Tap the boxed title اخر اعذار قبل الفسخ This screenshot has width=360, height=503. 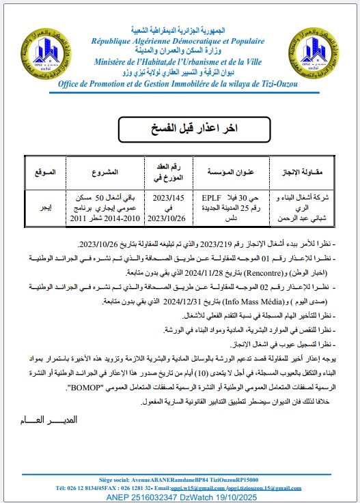(x=180, y=128)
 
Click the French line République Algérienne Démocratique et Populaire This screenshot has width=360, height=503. (x=181, y=41)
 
